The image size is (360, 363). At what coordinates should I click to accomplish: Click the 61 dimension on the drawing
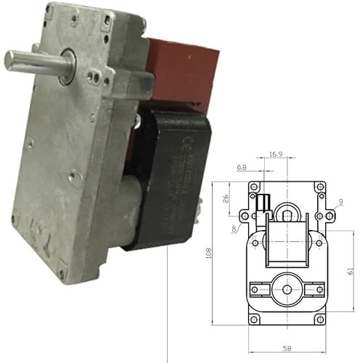tap(350, 270)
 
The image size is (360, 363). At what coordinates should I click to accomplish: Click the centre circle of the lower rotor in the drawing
tap(286, 289)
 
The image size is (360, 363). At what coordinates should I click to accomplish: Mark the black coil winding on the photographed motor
tap(163, 181)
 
